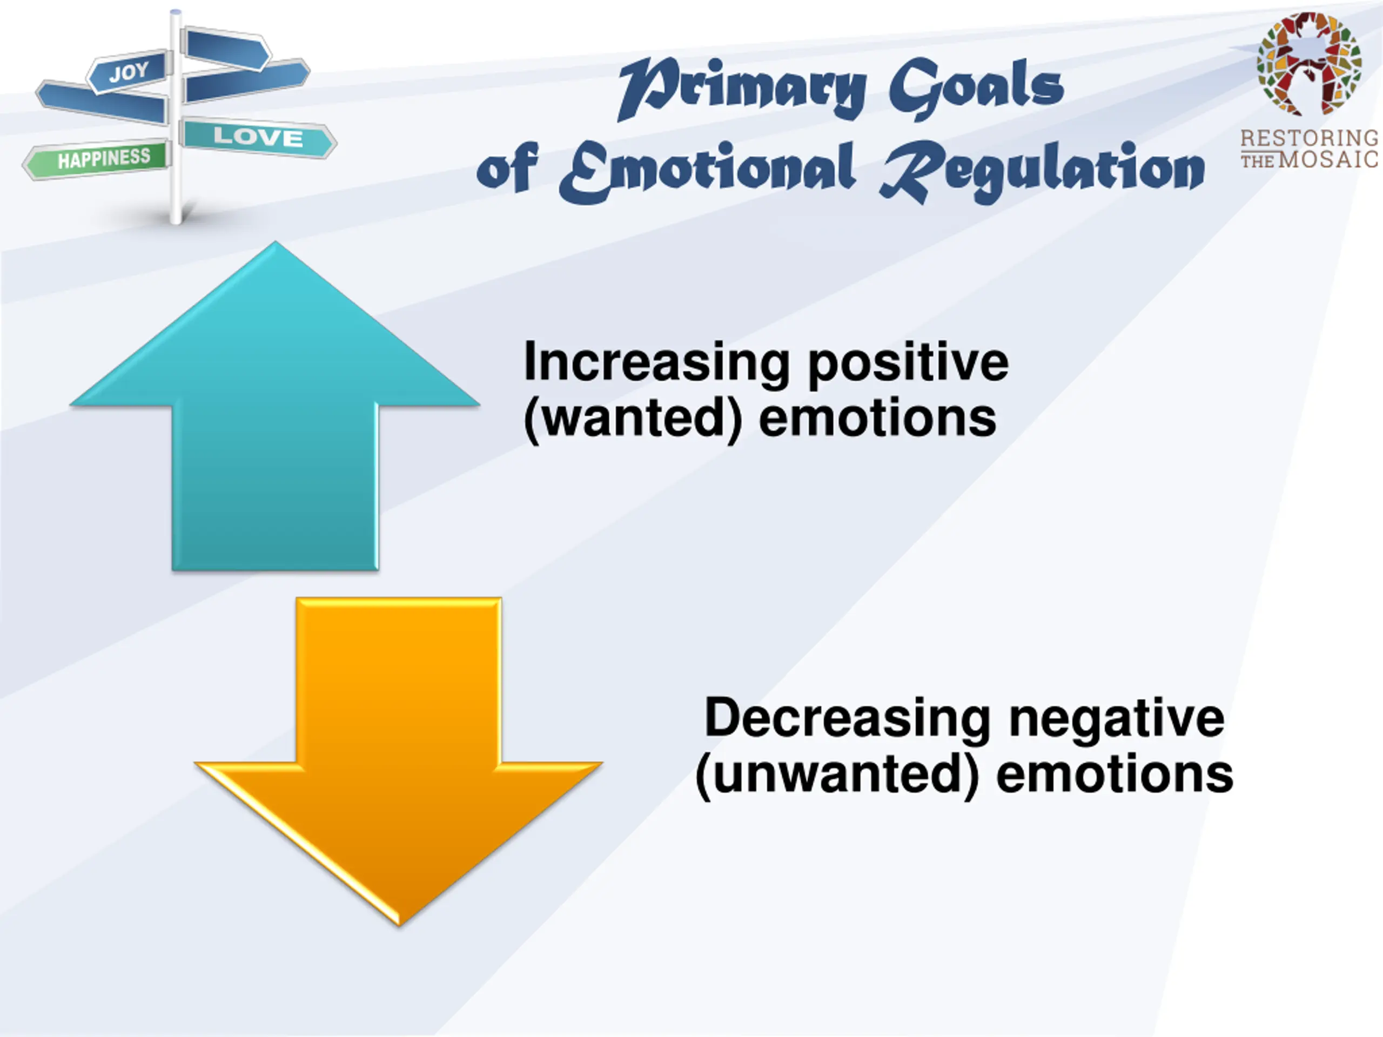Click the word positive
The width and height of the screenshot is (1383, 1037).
pyautogui.click(x=908, y=364)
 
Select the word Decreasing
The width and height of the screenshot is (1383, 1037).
pyautogui.click(x=847, y=719)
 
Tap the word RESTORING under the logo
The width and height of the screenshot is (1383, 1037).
pyautogui.click(x=1310, y=138)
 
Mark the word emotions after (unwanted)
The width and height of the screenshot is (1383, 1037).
pyautogui.click(x=1114, y=775)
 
